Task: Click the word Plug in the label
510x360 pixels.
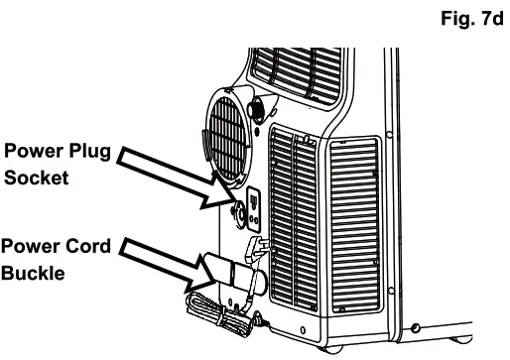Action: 85,154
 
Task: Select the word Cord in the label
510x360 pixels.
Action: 87,247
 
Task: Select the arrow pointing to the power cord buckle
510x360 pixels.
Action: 159,262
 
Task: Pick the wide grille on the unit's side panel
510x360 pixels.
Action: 353,224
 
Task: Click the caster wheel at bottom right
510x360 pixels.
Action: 416,328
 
